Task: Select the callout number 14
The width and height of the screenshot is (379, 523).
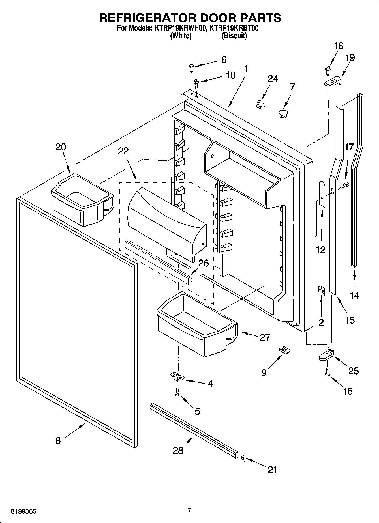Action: pyautogui.click(x=355, y=295)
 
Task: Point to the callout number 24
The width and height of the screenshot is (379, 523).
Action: pyautogui.click(x=273, y=79)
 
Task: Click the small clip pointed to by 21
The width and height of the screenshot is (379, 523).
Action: pyautogui.click(x=243, y=458)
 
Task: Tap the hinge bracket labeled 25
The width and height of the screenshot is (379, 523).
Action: pyautogui.click(x=326, y=355)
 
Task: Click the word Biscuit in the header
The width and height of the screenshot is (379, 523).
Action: pyautogui.click(x=234, y=36)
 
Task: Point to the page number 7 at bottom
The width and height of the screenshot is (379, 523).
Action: pyautogui.click(x=189, y=511)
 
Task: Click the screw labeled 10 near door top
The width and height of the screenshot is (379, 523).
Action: pyautogui.click(x=196, y=83)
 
